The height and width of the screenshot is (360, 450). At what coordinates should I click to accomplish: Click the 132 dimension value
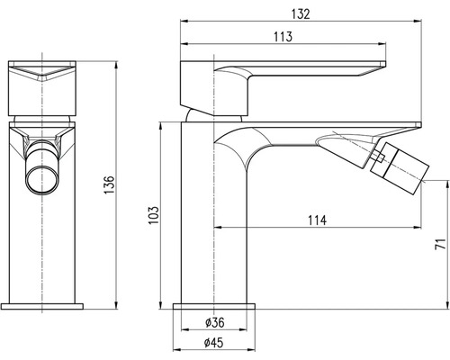tap(301, 14)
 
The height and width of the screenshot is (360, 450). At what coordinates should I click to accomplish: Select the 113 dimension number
tap(283, 37)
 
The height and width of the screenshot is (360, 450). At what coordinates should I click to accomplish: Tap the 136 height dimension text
tap(110, 184)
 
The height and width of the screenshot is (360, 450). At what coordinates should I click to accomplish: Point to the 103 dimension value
tap(153, 215)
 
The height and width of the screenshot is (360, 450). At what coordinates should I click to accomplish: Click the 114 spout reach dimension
tap(317, 220)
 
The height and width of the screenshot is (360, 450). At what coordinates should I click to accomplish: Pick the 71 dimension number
tap(439, 244)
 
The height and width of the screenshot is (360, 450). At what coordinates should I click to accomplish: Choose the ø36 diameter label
tap(215, 322)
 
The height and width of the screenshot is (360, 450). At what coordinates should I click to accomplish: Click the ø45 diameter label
tap(214, 342)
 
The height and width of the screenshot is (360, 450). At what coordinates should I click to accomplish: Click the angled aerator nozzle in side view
tap(400, 167)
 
